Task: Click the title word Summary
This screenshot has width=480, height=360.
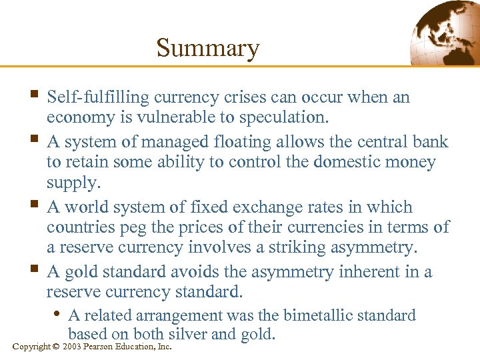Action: [207, 48]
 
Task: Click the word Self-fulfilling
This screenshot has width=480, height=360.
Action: [98, 97]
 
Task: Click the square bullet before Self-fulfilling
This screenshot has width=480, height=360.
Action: [35, 96]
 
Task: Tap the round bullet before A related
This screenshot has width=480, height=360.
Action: [59, 313]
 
